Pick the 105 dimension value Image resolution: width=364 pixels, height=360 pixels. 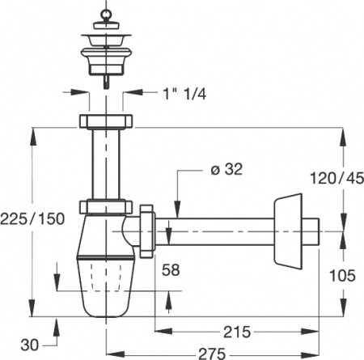(343, 276)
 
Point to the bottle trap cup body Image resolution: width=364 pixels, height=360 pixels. (105, 279)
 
